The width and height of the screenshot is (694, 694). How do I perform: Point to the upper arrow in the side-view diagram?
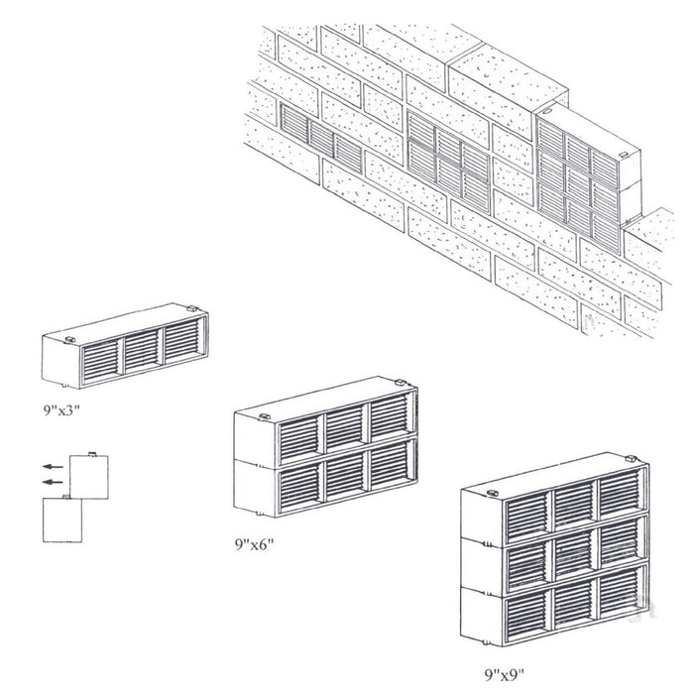click(x=54, y=464)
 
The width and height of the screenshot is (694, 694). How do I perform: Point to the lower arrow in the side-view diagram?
click(x=54, y=483)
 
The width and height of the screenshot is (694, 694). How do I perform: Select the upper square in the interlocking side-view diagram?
click(x=91, y=474)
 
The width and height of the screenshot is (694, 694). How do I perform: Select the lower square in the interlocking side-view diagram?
click(x=66, y=518)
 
